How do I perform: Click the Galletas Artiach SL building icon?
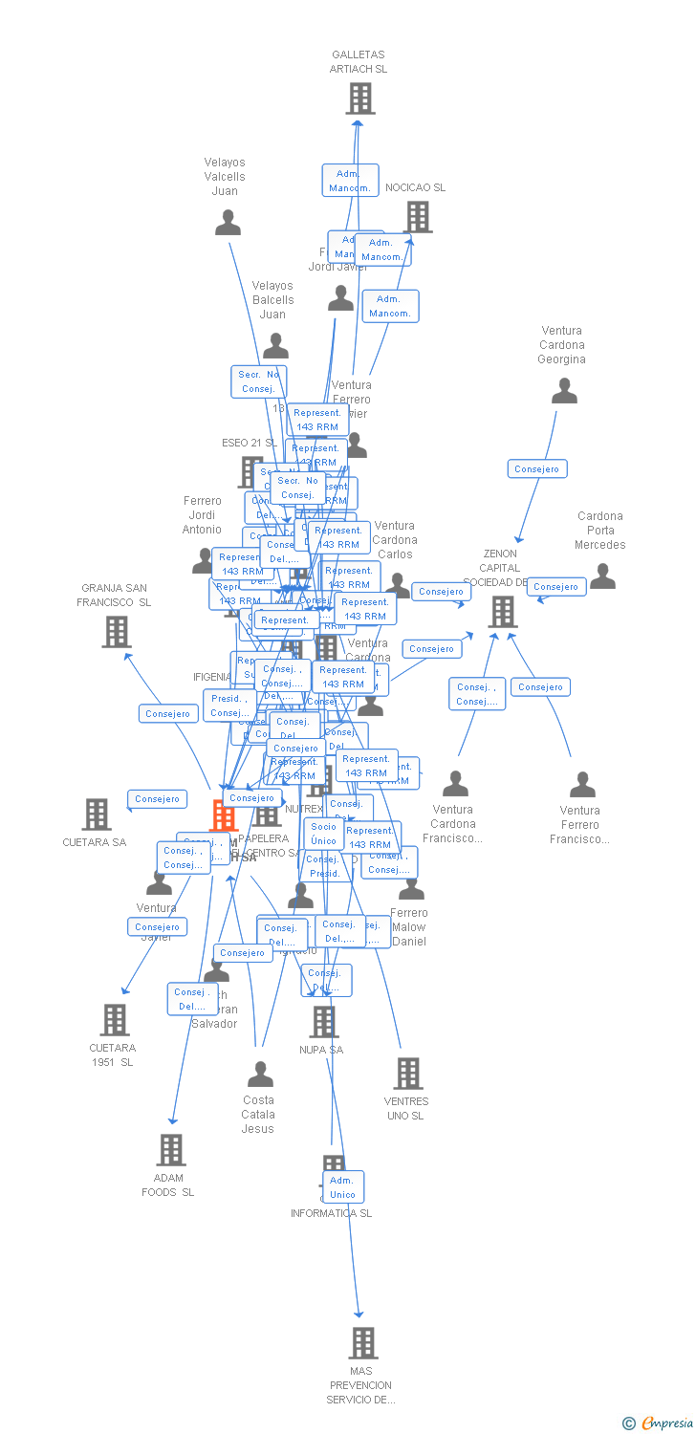coord(359,98)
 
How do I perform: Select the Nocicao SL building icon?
coord(419,217)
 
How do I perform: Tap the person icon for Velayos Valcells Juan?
coord(228,223)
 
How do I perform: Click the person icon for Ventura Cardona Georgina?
coord(564,390)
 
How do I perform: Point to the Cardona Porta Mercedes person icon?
coord(602,576)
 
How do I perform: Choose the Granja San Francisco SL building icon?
coord(117,631)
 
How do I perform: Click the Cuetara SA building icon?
coord(97,815)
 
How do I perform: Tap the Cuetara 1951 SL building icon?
coord(115,1020)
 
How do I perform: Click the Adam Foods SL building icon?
coord(170,1150)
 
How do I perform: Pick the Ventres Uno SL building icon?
coord(408,1074)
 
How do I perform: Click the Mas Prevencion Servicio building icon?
coord(362,1343)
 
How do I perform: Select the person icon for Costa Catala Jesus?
coord(260,1075)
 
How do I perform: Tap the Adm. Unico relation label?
coord(342,1187)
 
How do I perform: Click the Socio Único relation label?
coord(324,834)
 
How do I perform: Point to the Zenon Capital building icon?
coord(502,612)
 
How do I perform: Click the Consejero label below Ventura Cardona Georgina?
coord(537,469)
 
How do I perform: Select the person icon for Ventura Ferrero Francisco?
coord(582,785)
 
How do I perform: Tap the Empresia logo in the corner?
coord(659,1423)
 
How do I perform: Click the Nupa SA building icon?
coord(323,1022)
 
